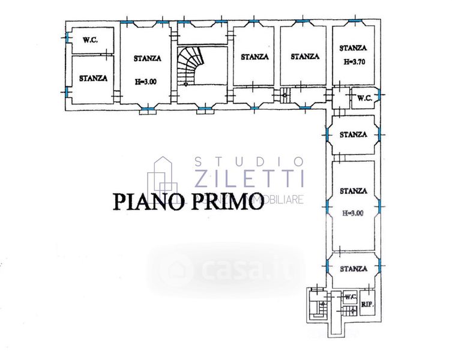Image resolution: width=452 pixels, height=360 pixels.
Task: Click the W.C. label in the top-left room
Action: click(x=90, y=40)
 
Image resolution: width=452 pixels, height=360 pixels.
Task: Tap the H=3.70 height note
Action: click(x=353, y=61)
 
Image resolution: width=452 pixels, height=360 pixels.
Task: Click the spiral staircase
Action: click(x=191, y=65)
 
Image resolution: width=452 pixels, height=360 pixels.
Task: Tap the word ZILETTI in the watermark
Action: click(x=250, y=178)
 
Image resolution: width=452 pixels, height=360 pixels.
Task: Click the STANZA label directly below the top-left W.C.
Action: click(x=93, y=78)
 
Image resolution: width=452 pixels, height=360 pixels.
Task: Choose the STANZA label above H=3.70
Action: click(x=353, y=49)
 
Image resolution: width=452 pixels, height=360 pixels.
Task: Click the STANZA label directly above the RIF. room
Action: click(x=353, y=269)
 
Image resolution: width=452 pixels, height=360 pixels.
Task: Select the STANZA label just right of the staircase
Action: click(x=255, y=57)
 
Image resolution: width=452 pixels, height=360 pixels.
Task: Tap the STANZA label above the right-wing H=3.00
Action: click(x=353, y=191)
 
